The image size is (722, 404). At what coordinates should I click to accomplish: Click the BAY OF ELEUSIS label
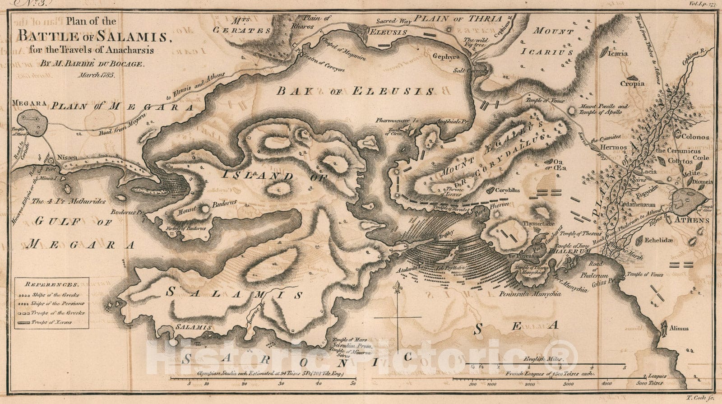[356, 91]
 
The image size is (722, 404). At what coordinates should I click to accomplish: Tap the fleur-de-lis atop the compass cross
[397, 287]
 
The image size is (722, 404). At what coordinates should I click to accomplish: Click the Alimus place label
[679, 328]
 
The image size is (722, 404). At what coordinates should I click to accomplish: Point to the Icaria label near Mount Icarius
[617, 53]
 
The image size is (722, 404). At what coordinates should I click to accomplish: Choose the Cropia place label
[632, 83]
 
